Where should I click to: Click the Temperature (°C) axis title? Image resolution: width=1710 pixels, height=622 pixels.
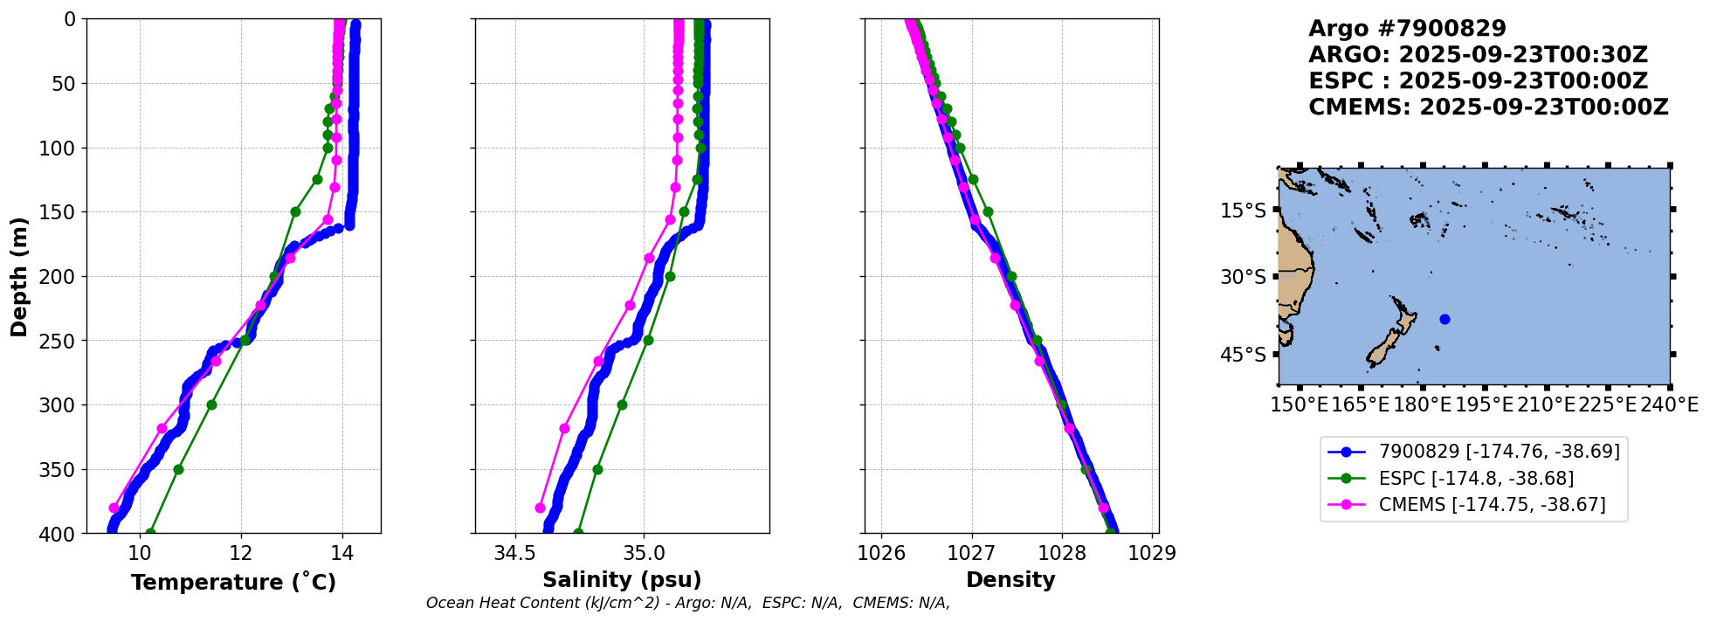[x=233, y=583]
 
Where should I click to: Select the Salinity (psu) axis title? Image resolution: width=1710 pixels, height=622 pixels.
[x=622, y=580]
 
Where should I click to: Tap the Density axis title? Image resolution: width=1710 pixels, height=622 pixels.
[x=1010, y=580]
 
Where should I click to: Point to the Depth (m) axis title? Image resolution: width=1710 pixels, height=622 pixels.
[x=19, y=276]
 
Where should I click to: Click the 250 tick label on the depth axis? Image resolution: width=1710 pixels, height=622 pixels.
[x=59, y=341]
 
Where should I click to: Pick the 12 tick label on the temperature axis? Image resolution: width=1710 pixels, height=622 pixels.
[x=241, y=553]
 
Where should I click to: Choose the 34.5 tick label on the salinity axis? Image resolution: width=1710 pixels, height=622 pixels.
[x=514, y=553]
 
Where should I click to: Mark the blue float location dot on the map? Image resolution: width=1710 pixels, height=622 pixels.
[x=1445, y=319]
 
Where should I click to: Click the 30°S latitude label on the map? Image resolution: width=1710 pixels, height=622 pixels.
[x=1243, y=278]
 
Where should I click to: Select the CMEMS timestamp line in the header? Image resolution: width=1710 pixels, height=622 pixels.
[x=1488, y=107]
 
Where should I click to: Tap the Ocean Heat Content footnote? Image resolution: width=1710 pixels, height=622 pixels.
[x=687, y=603]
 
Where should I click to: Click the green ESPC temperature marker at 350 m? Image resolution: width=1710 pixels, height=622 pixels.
[x=178, y=469]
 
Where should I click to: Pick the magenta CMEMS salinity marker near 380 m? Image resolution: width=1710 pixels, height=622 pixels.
[x=540, y=508]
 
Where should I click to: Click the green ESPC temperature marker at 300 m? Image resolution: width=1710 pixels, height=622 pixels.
[x=211, y=404]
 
